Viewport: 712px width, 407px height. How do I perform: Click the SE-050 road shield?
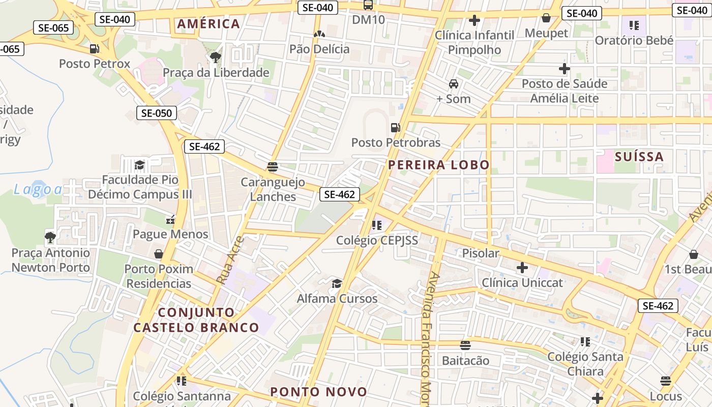(156, 113)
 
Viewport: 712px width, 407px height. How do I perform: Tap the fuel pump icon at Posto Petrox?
(94, 49)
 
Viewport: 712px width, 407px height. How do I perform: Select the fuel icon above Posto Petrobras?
(395, 127)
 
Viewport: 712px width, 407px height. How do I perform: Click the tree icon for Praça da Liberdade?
(216, 57)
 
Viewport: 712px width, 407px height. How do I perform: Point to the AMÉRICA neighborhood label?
(208, 23)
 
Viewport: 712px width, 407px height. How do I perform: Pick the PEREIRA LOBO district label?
(439, 164)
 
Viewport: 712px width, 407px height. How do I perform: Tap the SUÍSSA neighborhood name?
(639, 156)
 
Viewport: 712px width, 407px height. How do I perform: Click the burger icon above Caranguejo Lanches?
(273, 167)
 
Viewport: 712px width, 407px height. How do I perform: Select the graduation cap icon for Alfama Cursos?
(337, 283)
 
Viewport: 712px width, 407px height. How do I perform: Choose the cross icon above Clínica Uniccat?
(522, 268)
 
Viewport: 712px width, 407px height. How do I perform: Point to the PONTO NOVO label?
(318, 392)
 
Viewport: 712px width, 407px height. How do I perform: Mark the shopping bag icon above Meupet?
(546, 18)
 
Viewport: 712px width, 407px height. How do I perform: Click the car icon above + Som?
(454, 84)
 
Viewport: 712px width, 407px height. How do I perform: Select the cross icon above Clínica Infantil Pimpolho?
(474, 20)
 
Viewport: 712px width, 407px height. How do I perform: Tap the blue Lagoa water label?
(38, 190)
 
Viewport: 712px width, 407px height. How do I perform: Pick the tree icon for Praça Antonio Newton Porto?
(50, 238)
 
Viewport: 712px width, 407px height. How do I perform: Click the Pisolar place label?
(481, 253)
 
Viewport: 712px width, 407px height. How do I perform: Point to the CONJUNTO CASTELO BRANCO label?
(196, 319)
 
